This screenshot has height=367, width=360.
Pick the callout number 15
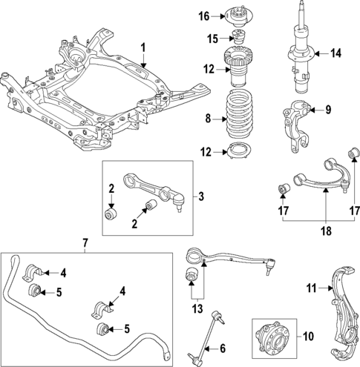211,38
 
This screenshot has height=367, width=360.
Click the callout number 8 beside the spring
210,116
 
